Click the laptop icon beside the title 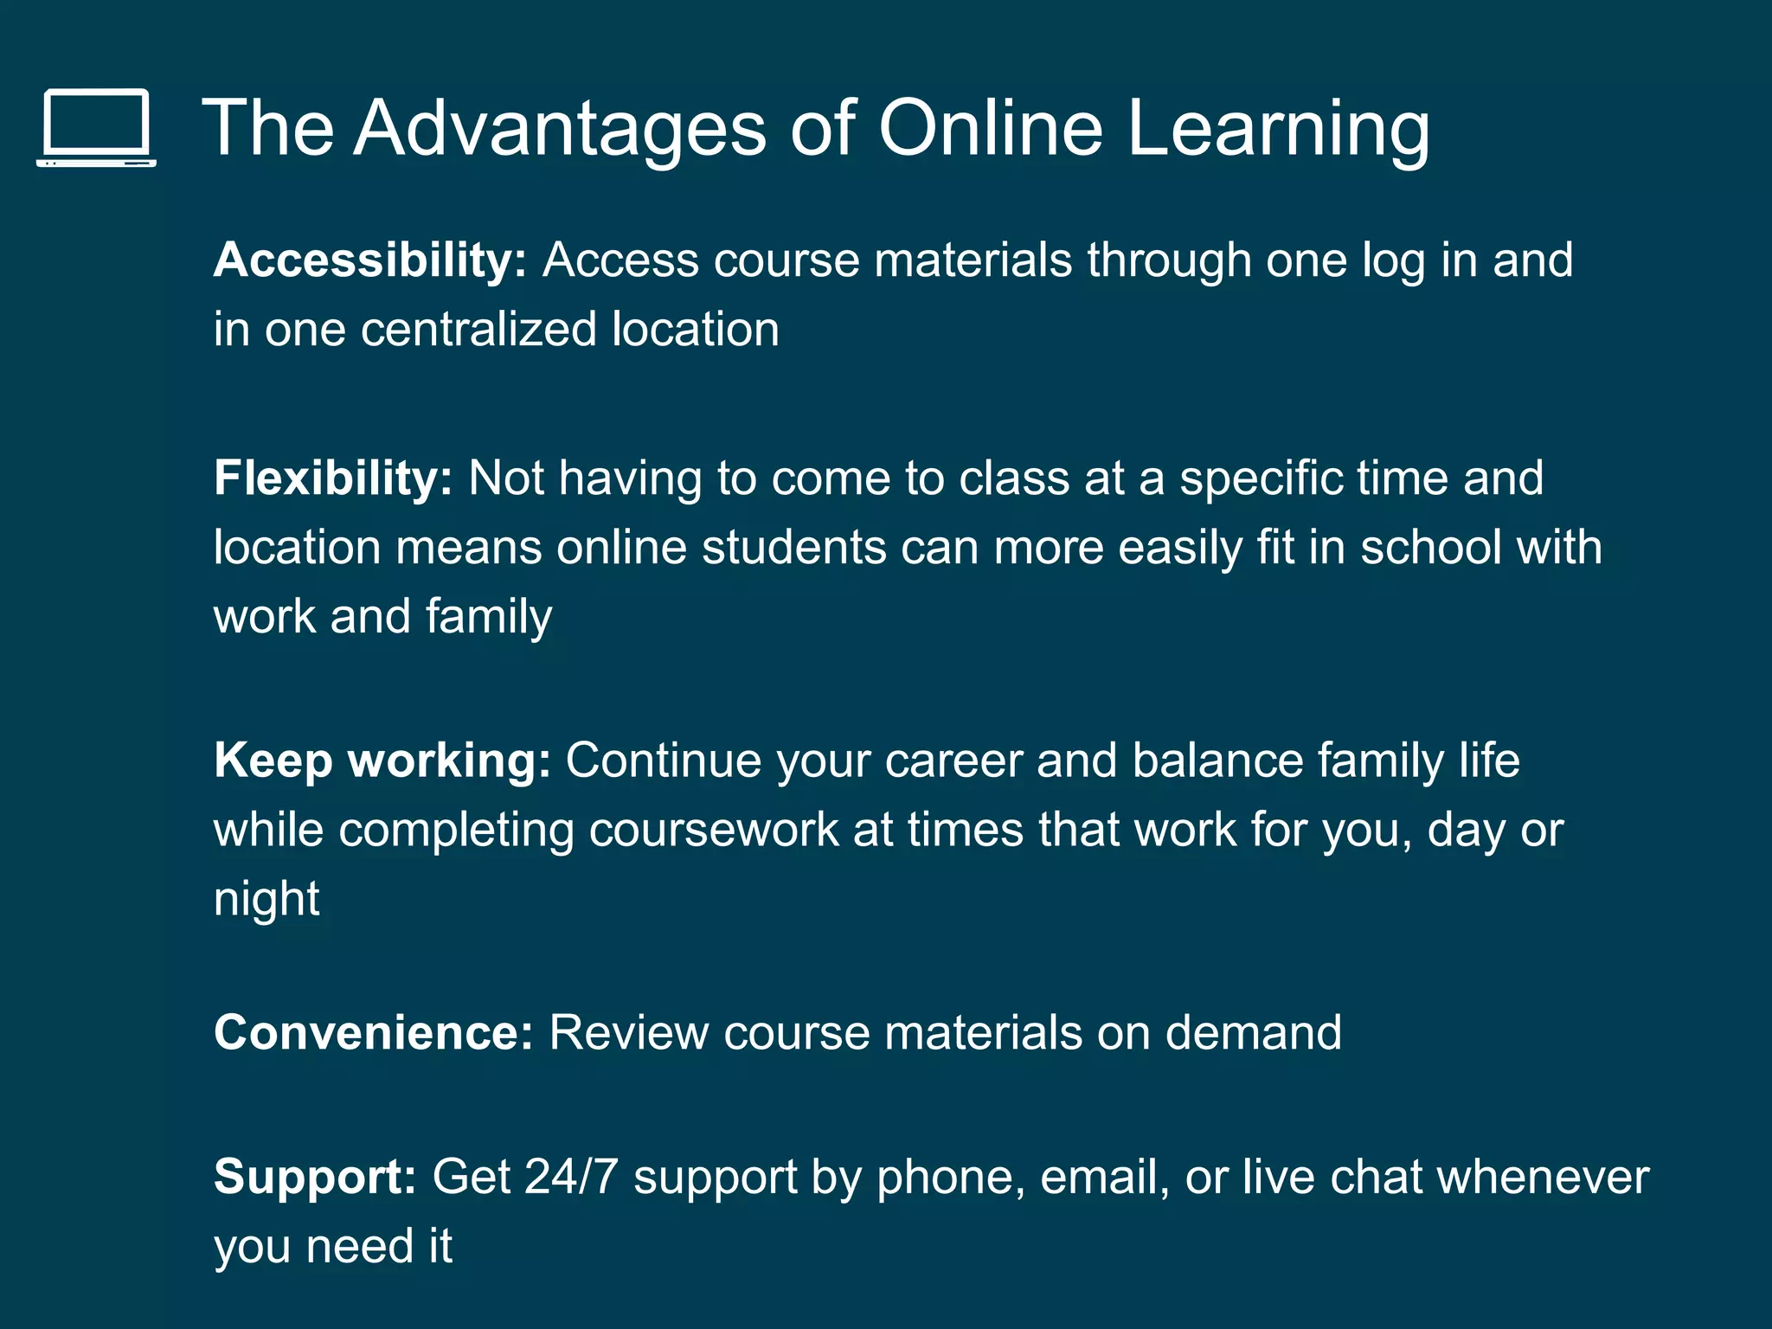point(96,128)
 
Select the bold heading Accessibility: point(370,260)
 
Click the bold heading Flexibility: point(333,478)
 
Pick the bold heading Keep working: point(382,761)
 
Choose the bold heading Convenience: point(374,1032)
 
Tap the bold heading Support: point(316,1177)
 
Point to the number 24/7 point(571,1177)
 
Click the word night point(266,899)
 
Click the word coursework point(714,830)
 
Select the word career point(953,761)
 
